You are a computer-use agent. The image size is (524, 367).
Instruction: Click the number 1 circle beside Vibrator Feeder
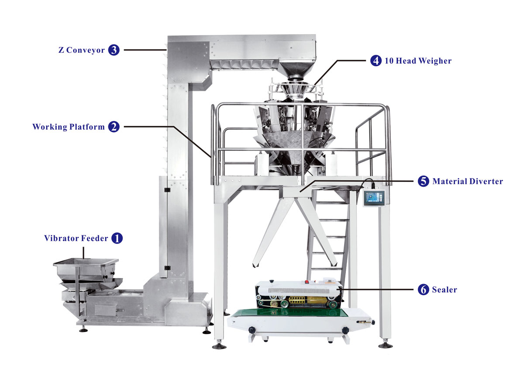[x=117, y=238]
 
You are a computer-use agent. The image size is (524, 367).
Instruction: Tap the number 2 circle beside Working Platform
[x=114, y=127]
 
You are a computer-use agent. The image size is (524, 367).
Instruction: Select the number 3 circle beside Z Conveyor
[x=114, y=50]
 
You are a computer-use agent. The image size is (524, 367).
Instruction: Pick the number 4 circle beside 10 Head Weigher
[x=376, y=61]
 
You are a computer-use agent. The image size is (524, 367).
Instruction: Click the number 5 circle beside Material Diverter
[x=423, y=181]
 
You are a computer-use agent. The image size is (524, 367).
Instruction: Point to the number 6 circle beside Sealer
[x=423, y=289]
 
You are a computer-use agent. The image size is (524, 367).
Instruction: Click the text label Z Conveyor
[x=82, y=50]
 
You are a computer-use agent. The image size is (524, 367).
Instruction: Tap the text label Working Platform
[x=69, y=127]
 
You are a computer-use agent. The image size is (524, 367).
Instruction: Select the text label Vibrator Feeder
[x=76, y=238]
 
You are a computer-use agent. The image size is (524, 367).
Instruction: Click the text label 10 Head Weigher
[x=417, y=61]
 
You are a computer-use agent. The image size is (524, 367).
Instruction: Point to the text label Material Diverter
[x=467, y=181]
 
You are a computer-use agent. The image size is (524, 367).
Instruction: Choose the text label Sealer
[x=445, y=289]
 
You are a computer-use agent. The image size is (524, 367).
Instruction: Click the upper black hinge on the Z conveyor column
[x=165, y=190]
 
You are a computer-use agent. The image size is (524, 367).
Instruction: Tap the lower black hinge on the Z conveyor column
[x=166, y=267]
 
